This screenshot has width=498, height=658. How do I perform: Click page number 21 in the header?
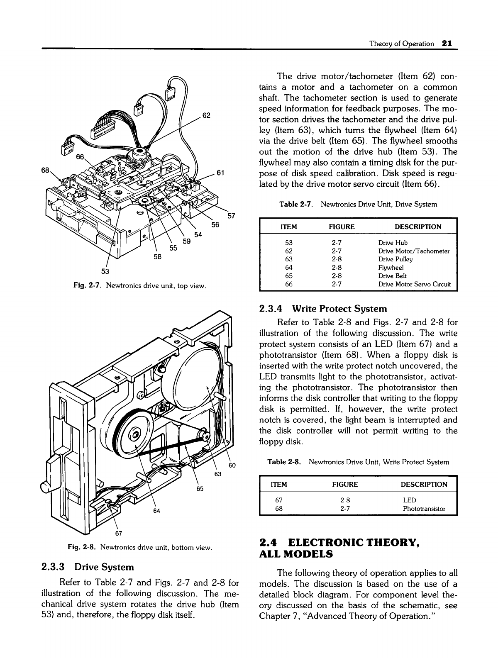coord(447,43)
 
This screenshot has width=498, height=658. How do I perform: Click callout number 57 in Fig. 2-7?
coord(232,216)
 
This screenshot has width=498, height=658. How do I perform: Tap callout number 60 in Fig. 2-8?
coord(232,465)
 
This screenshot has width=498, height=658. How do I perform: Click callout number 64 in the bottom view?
coord(156,510)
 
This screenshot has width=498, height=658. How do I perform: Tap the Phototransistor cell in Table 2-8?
coord(424,508)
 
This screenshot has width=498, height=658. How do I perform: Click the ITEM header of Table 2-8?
coord(278,484)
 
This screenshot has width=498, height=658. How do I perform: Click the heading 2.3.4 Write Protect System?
coord(322,309)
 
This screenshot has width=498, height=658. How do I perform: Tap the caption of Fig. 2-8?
coord(141,548)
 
